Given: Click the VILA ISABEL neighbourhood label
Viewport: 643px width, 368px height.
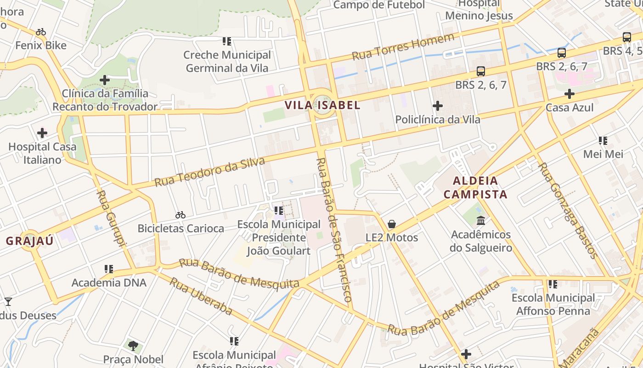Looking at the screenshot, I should pos(322,105).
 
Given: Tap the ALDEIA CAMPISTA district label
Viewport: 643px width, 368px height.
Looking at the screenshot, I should pos(475,187).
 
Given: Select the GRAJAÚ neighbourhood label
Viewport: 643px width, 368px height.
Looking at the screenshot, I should pos(30,241).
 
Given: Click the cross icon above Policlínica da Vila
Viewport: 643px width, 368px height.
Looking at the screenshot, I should pos(438,106).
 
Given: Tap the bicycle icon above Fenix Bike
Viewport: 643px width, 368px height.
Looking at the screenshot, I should pos(41,32).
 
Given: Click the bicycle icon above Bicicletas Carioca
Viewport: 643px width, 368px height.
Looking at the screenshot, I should pos(180,215).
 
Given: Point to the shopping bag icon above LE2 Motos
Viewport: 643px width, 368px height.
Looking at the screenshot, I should pos(392,224).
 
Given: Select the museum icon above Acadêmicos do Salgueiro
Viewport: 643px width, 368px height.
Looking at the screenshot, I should pos(481,221).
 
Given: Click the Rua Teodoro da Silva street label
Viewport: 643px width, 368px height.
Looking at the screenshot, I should pos(210,172).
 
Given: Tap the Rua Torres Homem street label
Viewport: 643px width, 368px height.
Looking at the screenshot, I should pos(403,46).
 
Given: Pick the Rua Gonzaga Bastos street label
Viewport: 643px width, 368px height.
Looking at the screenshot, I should pos(568,210).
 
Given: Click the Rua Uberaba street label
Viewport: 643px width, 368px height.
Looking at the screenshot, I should pos(201,296).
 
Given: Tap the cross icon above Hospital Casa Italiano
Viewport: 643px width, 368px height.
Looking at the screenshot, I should pos(42,133).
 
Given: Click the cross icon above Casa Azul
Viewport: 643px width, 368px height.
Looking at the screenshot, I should pos(570,94).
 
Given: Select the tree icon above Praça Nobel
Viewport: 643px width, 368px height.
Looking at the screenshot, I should pos(133,345).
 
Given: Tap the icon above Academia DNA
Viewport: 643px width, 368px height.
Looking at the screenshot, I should pos(109,269).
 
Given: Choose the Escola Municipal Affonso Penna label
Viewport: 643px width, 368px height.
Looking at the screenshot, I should pos(553,305).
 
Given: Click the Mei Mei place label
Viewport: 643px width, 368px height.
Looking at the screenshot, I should pos(603,154).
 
